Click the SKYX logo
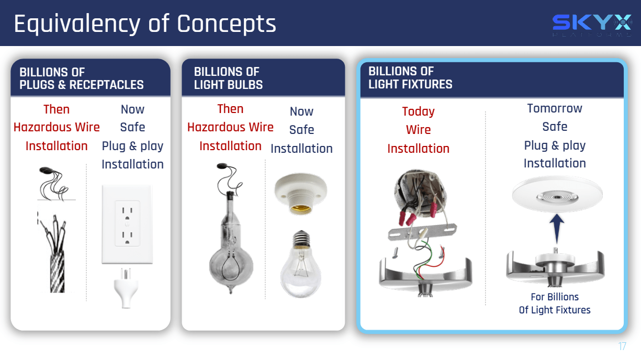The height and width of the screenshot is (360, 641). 592,25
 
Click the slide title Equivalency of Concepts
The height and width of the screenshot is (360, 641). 145,24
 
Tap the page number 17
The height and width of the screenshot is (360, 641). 622,346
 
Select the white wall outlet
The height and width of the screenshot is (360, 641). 127,224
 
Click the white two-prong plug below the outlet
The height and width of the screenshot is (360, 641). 126,288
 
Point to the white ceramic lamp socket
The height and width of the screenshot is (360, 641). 300,194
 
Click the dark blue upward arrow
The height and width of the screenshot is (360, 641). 557,230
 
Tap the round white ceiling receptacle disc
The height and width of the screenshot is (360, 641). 557,195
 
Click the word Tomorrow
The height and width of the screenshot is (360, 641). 555,108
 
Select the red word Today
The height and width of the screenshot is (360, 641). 418,111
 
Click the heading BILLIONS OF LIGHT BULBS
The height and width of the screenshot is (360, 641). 228,78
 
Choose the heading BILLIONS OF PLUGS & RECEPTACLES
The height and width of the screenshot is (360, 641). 82,78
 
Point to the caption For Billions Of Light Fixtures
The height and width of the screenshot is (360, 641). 555,303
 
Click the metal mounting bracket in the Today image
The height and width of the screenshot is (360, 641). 422,231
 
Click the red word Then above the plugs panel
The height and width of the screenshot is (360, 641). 57,109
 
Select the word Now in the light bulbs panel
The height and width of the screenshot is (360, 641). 301,111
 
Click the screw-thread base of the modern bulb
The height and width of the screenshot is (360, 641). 301,239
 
